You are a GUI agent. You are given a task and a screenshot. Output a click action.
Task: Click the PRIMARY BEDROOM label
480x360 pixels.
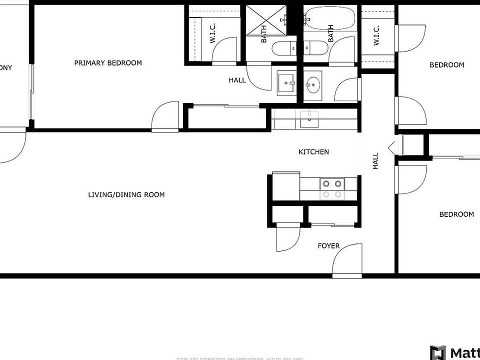pyautogui.click(x=107, y=63)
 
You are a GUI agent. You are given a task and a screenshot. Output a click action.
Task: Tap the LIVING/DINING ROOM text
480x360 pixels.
pyautogui.click(x=126, y=194)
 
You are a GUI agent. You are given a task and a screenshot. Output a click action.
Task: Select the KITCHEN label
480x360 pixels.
pyautogui.click(x=313, y=152)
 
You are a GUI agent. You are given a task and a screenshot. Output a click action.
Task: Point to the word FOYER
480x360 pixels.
pyautogui.click(x=328, y=246)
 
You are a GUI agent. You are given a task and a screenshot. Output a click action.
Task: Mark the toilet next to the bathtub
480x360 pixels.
pyautogui.click(x=315, y=48)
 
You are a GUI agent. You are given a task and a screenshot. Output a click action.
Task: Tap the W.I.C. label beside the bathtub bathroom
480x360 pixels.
pyautogui.click(x=376, y=35)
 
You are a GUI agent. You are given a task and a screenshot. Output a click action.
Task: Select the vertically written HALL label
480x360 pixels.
pyautogui.click(x=375, y=161)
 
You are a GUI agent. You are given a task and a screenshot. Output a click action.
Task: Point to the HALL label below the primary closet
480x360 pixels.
pyautogui.click(x=237, y=80)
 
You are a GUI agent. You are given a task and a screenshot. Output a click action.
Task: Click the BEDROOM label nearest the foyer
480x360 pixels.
pyautogui.click(x=456, y=214)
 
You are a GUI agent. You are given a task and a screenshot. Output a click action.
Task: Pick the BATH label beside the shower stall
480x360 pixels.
pyautogui.click(x=264, y=34)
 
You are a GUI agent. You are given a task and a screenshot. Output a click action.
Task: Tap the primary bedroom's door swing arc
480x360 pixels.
pyautogui.click(x=165, y=116)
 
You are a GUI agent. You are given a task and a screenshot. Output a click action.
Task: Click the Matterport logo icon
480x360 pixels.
pyautogui.click(x=438, y=352)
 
